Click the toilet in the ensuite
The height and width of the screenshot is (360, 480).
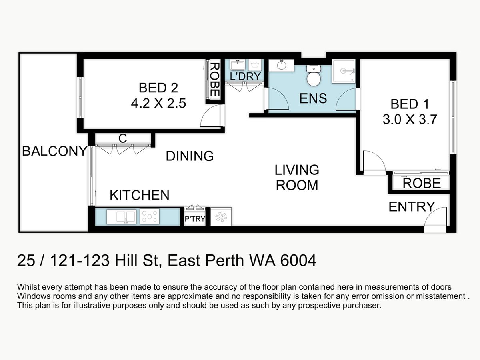(314, 76)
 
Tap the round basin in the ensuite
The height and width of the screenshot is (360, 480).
(282, 65)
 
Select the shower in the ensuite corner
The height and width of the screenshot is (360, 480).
(344, 71)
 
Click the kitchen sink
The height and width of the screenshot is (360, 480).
(122, 217)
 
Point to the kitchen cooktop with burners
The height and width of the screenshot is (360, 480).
(150, 216)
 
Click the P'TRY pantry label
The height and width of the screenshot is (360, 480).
(195, 219)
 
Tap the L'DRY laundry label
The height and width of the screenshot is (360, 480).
(245, 76)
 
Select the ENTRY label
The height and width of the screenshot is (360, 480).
(412, 206)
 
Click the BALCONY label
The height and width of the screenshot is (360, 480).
(55, 151)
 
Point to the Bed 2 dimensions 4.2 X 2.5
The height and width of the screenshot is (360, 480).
(158, 103)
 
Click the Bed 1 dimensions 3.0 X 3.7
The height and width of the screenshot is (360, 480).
(410, 119)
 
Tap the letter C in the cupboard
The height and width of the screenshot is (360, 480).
(123, 138)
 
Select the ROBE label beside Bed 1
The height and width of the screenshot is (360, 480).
(422, 183)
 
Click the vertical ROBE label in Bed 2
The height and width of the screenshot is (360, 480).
(215, 80)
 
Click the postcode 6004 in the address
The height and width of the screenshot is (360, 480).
(298, 260)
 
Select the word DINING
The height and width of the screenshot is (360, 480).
(190, 156)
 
